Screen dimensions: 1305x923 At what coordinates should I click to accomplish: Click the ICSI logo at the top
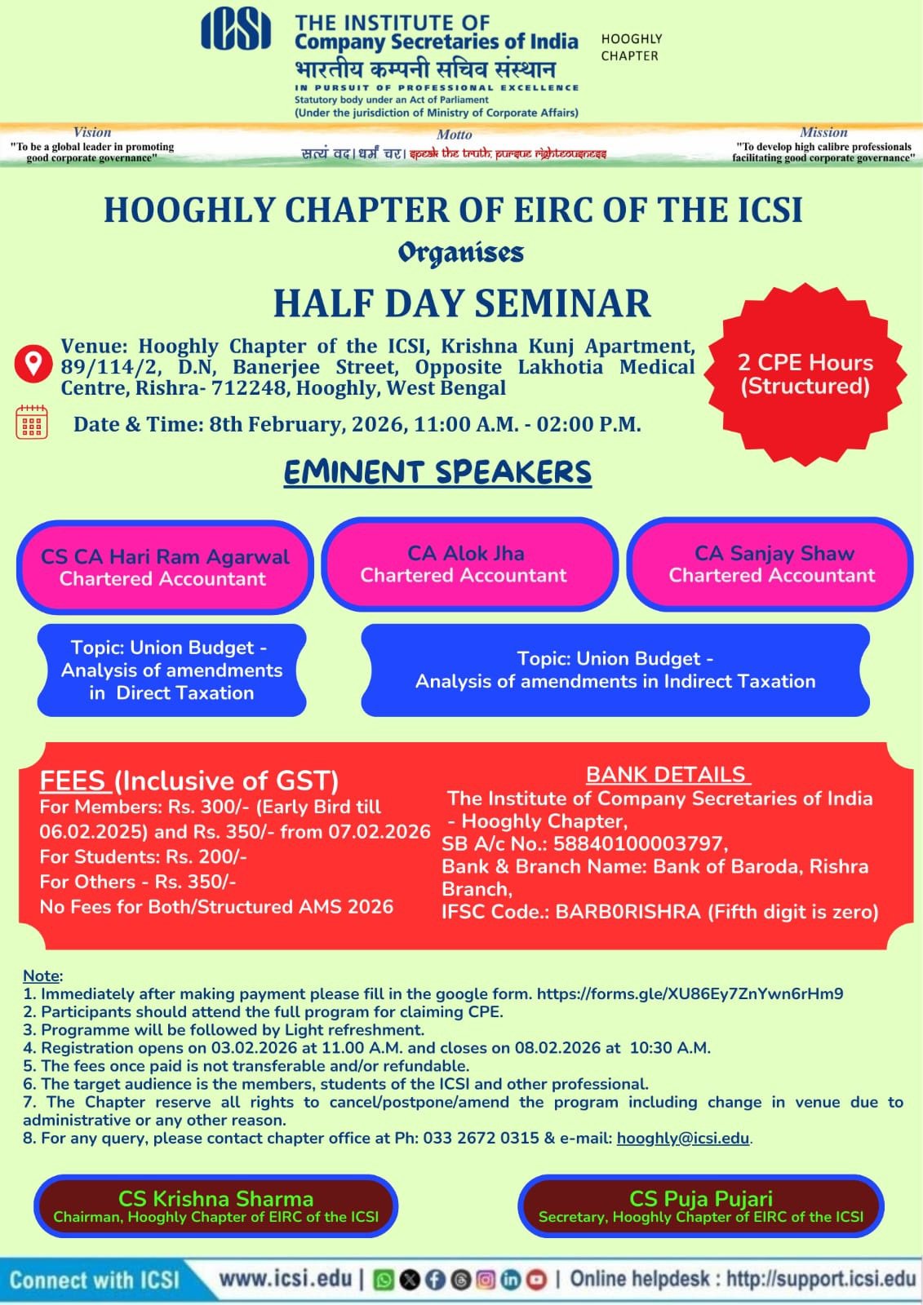pyautogui.click(x=235, y=30)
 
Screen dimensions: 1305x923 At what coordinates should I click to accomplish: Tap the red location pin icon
pyautogui.click(x=33, y=363)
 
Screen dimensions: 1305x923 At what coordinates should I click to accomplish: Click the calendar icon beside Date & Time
pyautogui.click(x=32, y=422)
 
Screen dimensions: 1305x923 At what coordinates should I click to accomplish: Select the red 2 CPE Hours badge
pyautogui.click(x=805, y=374)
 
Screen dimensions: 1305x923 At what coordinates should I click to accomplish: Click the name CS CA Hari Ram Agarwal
pyautogui.click(x=165, y=556)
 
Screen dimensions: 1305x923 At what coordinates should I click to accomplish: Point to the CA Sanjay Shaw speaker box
pyautogui.click(x=771, y=564)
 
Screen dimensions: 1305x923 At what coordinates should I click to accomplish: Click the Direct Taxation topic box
pyautogui.click(x=171, y=670)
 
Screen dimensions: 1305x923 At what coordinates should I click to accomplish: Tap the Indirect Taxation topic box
pyautogui.click(x=615, y=670)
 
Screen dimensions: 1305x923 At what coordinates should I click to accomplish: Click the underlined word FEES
pyautogui.click(x=73, y=781)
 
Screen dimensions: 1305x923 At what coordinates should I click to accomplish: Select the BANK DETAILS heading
pyautogui.click(x=666, y=774)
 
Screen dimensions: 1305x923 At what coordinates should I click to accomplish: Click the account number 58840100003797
pyautogui.click(x=639, y=843)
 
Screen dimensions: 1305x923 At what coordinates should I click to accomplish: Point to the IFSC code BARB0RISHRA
pyautogui.click(x=628, y=912)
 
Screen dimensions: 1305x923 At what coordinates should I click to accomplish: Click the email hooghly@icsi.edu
pyautogui.click(x=682, y=1138)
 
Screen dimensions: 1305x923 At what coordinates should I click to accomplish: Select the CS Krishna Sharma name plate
pyautogui.click(x=215, y=1206)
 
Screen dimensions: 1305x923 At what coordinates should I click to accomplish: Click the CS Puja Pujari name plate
pyautogui.click(x=700, y=1206)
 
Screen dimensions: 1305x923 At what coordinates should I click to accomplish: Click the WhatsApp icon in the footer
pyautogui.click(x=383, y=1280)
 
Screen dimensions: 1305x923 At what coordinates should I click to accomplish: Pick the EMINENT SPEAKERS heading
pyautogui.click(x=437, y=472)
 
